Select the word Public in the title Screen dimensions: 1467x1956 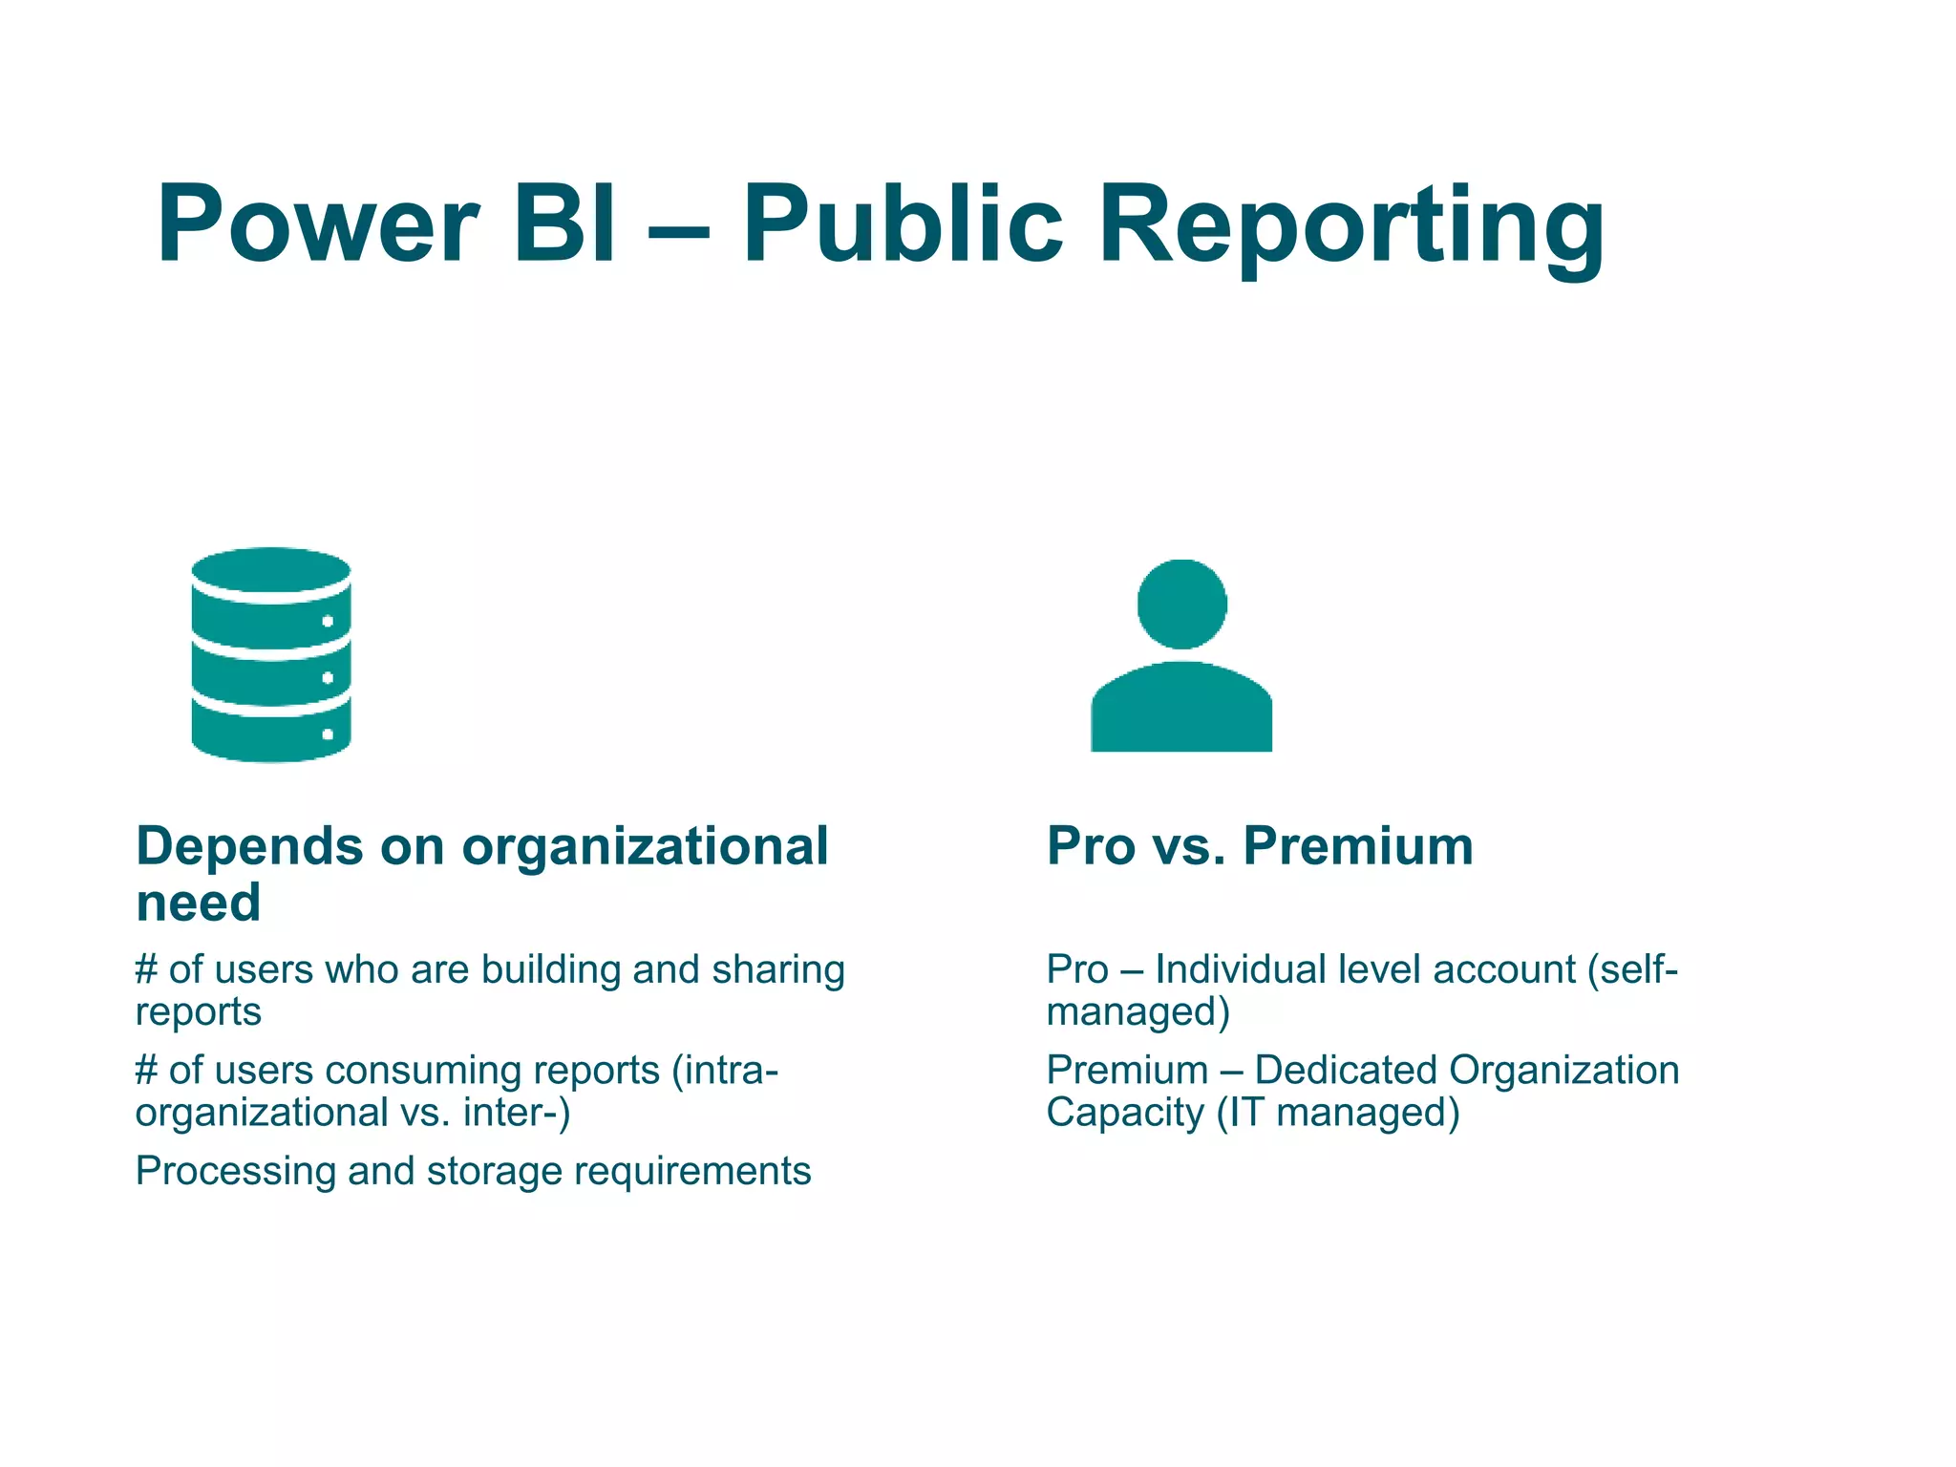(902, 224)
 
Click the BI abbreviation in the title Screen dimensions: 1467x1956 (564, 224)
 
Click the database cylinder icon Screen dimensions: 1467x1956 (271, 655)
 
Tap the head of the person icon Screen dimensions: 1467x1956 (1181, 604)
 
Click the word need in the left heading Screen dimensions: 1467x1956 (199, 903)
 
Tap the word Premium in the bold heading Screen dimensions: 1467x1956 (1358, 846)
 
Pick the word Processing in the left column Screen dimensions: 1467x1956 (235, 1172)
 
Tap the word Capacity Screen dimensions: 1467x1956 (1125, 1114)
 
